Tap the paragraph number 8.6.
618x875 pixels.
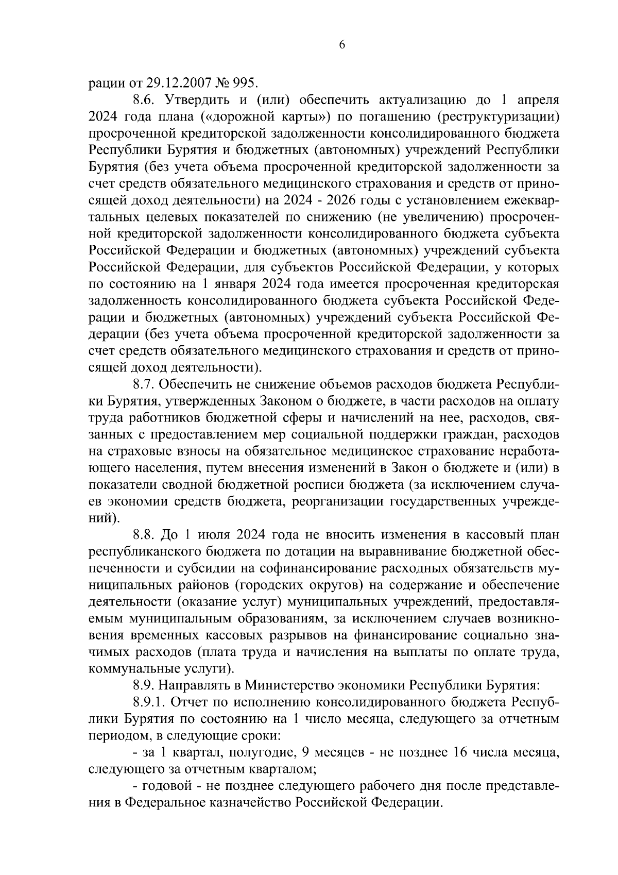143,99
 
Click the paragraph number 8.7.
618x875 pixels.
143,384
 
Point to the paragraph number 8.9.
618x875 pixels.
143,686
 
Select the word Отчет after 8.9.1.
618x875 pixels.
190,703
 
